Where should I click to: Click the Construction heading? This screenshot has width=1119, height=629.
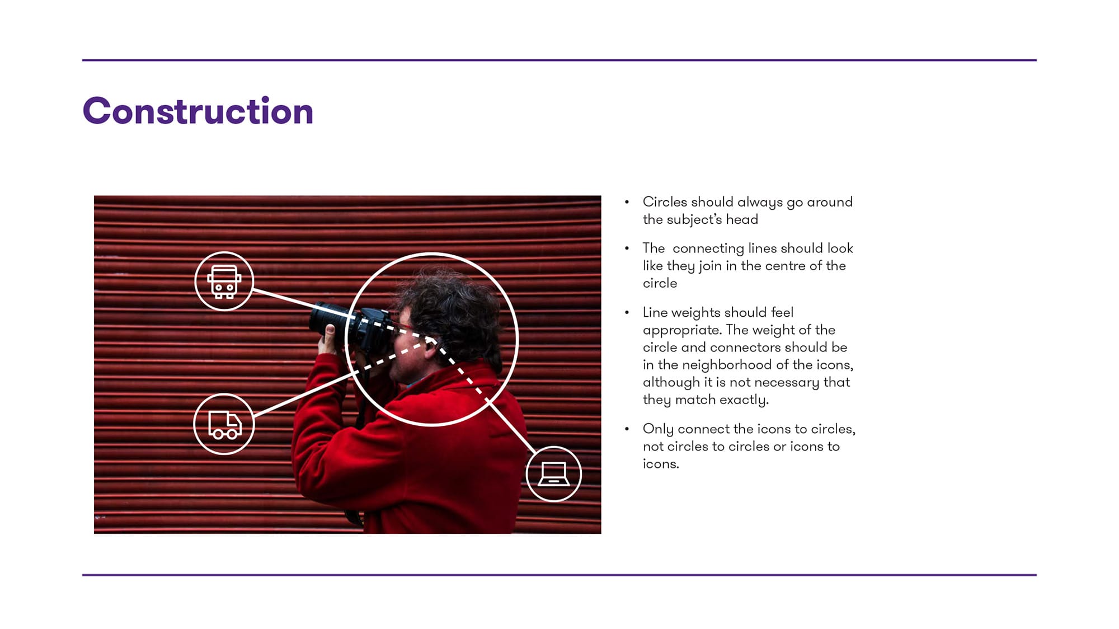tap(198, 111)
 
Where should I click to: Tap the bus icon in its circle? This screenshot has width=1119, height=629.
tap(224, 281)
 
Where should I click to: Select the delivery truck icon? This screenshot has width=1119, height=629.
tap(224, 424)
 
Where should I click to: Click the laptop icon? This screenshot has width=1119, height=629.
tap(554, 474)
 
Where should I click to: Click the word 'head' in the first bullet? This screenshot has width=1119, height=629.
tap(742, 219)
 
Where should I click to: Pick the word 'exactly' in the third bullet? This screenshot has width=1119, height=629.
tap(744, 400)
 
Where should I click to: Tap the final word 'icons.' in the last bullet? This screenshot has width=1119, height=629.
tap(661, 464)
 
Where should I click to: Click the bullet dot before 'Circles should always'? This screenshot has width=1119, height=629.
tap(627, 202)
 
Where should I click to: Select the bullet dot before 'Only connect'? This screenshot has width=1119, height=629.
tap(627, 429)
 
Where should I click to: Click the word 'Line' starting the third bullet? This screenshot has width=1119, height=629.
tap(655, 312)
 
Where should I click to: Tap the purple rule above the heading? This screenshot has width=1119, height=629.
tap(559, 60)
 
